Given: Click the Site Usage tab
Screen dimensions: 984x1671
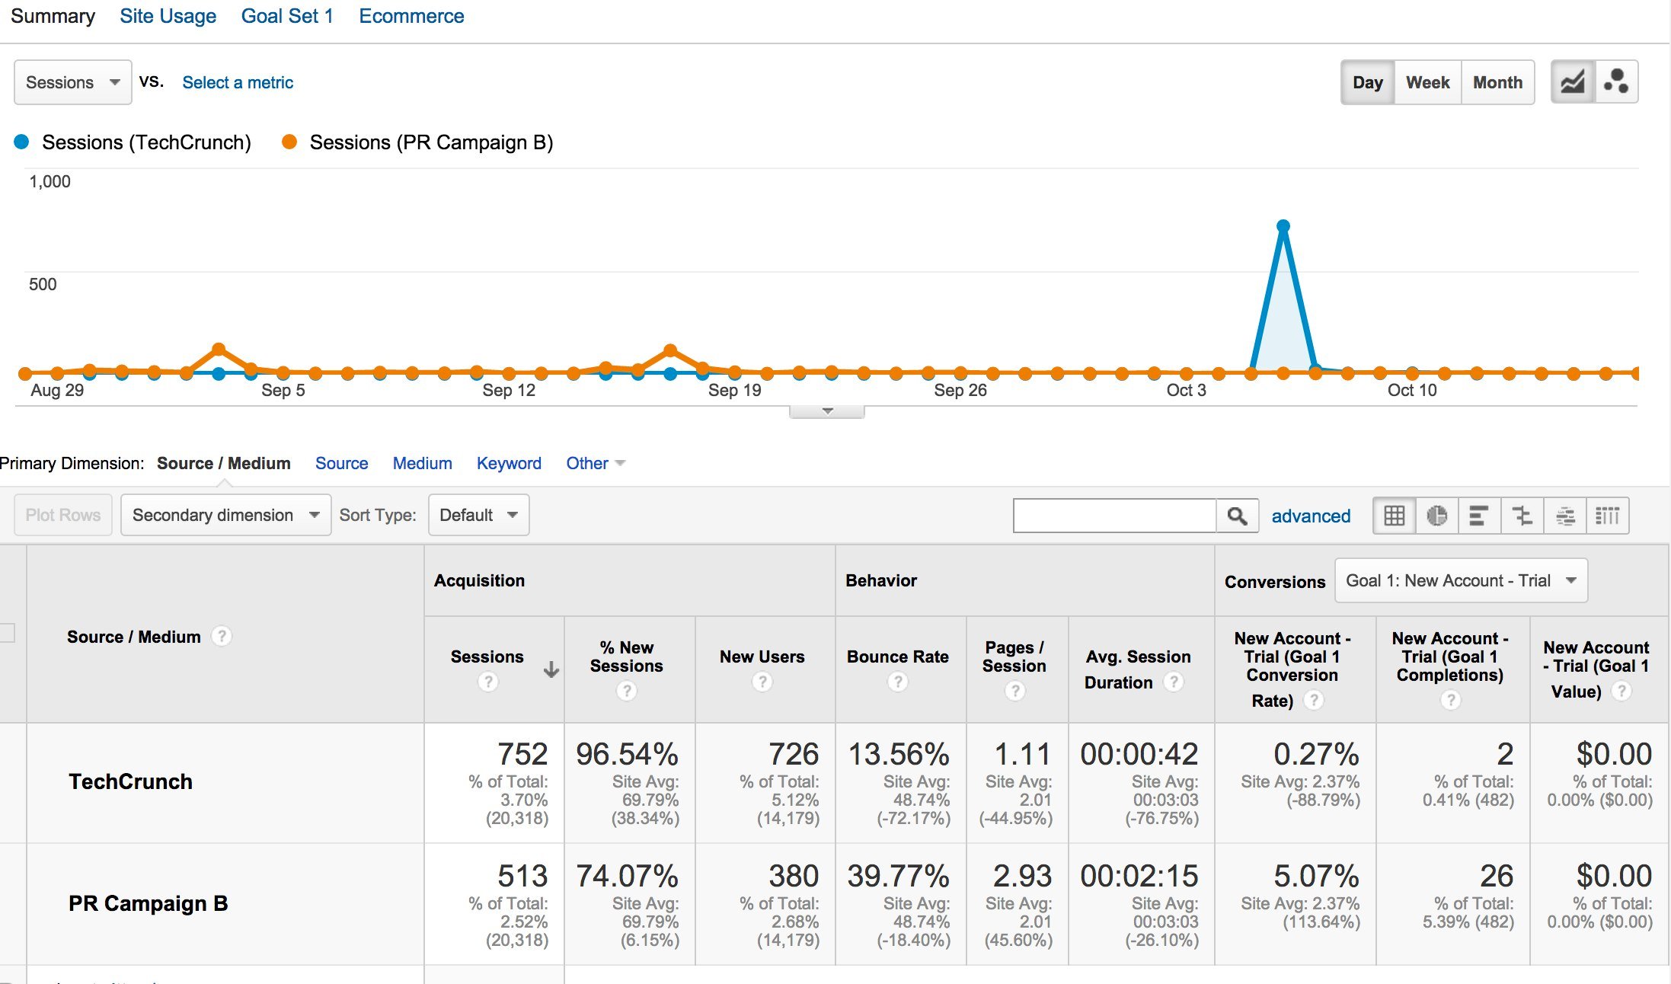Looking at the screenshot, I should [x=168, y=17].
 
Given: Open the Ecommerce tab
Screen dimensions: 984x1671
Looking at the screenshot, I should [x=411, y=17].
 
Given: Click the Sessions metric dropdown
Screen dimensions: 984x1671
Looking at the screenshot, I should [x=72, y=82].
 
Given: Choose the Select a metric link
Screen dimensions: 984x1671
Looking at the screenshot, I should [x=238, y=82].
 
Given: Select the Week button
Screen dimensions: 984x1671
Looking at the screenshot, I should [x=1427, y=82].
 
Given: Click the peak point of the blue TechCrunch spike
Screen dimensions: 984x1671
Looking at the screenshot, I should [x=1283, y=226].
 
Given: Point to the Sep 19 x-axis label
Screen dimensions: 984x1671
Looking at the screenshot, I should [x=734, y=391].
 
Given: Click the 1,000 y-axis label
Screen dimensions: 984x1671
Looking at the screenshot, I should [x=50, y=181].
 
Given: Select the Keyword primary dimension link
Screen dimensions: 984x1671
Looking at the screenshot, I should [x=509, y=463].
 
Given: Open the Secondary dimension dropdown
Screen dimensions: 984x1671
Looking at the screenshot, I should [x=225, y=515].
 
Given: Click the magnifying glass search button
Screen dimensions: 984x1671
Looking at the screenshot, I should [x=1237, y=516].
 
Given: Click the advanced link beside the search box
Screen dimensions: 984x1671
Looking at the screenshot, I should [x=1311, y=516].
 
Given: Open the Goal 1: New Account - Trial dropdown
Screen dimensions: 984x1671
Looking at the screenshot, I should [x=1460, y=580].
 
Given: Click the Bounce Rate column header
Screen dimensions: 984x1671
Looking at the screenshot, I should [x=898, y=657].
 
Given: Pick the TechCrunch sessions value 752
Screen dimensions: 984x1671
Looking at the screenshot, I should [x=522, y=754].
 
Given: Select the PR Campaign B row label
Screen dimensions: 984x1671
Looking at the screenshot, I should [x=149, y=903].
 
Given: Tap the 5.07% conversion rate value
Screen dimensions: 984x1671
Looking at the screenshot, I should [x=1316, y=876].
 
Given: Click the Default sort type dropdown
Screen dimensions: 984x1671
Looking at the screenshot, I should [x=478, y=515].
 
